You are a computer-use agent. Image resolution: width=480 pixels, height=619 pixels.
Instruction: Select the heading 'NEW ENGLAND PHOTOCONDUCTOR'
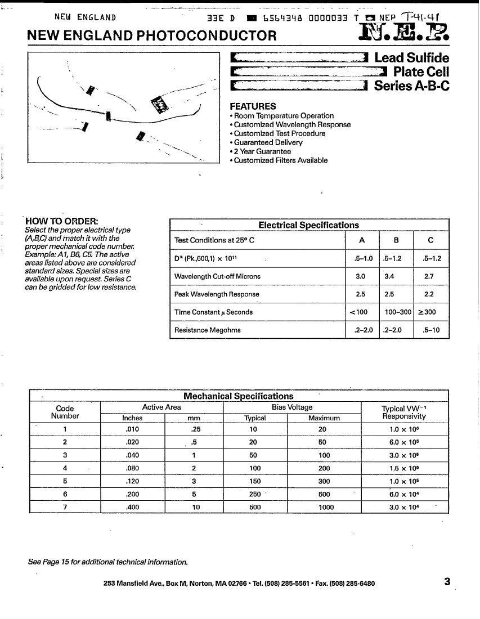[x=152, y=36]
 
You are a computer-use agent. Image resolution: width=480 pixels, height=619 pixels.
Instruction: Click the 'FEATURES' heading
[x=253, y=106]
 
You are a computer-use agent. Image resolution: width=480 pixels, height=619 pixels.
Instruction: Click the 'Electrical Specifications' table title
[x=308, y=225]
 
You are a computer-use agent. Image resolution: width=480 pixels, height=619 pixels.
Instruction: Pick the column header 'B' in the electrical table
[x=396, y=240]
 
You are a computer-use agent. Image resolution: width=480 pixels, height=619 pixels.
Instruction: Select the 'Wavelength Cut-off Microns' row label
[x=217, y=276]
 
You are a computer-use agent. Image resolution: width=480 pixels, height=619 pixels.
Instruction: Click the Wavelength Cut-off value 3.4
[x=389, y=276]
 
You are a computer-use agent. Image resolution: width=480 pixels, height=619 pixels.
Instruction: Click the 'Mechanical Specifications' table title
[x=239, y=396]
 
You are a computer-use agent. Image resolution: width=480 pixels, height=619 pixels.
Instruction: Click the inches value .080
[x=132, y=468]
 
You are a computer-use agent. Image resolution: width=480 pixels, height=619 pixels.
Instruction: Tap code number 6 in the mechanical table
[x=65, y=494]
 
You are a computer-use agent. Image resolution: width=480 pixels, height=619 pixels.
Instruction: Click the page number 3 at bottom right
[x=447, y=582]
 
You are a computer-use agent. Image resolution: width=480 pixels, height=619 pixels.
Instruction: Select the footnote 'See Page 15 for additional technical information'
[x=107, y=562]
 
